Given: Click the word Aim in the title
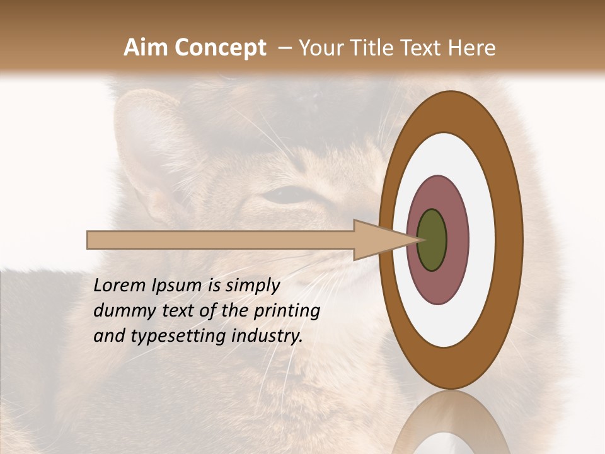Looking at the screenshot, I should coord(146,47).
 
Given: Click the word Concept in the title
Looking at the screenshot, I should coord(220,48).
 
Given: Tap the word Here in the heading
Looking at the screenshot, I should coord(473,48).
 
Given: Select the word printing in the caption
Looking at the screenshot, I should coord(287,311).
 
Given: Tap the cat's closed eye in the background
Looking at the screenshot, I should coord(287,195).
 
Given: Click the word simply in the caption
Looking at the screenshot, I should coord(251,286).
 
